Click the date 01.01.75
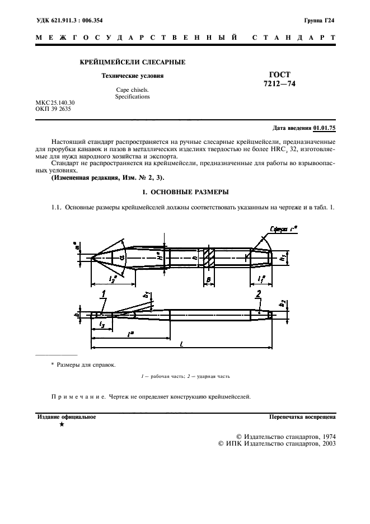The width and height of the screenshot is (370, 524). point(324,128)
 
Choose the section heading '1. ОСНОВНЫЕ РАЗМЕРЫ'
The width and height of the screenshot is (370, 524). point(185,192)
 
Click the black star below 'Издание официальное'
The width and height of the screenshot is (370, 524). point(61,426)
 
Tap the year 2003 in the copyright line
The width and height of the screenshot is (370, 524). point(326,443)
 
